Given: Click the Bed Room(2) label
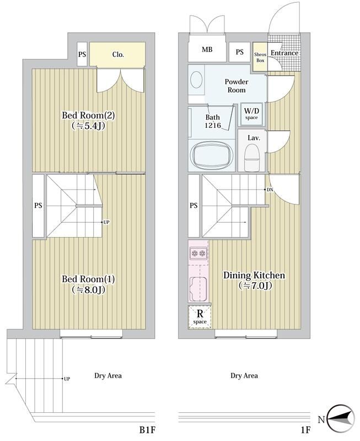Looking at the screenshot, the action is [88, 116].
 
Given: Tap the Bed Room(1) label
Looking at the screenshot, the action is [88, 279].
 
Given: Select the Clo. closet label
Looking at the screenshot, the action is [118, 54].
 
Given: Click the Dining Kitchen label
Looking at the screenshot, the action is [254, 275].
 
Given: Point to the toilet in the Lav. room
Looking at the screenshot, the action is [252, 158].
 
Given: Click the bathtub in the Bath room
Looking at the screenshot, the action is [212, 154].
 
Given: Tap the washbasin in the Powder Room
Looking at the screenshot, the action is [196, 79].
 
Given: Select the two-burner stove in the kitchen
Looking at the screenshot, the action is [198, 254].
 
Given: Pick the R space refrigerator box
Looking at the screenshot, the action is [200, 316].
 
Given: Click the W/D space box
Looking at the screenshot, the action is [251, 114].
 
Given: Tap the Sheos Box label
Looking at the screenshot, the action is [260, 57].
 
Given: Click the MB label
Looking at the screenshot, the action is [207, 50].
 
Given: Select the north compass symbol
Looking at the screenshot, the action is [341, 420].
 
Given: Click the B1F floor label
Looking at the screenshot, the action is [147, 430].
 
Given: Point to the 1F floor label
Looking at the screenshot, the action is [306, 430].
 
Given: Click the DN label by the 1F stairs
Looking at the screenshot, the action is [270, 190].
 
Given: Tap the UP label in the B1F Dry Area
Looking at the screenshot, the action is [67, 379].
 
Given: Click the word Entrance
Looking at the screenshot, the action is [284, 53].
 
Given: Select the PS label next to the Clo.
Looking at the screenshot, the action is [82, 54].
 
